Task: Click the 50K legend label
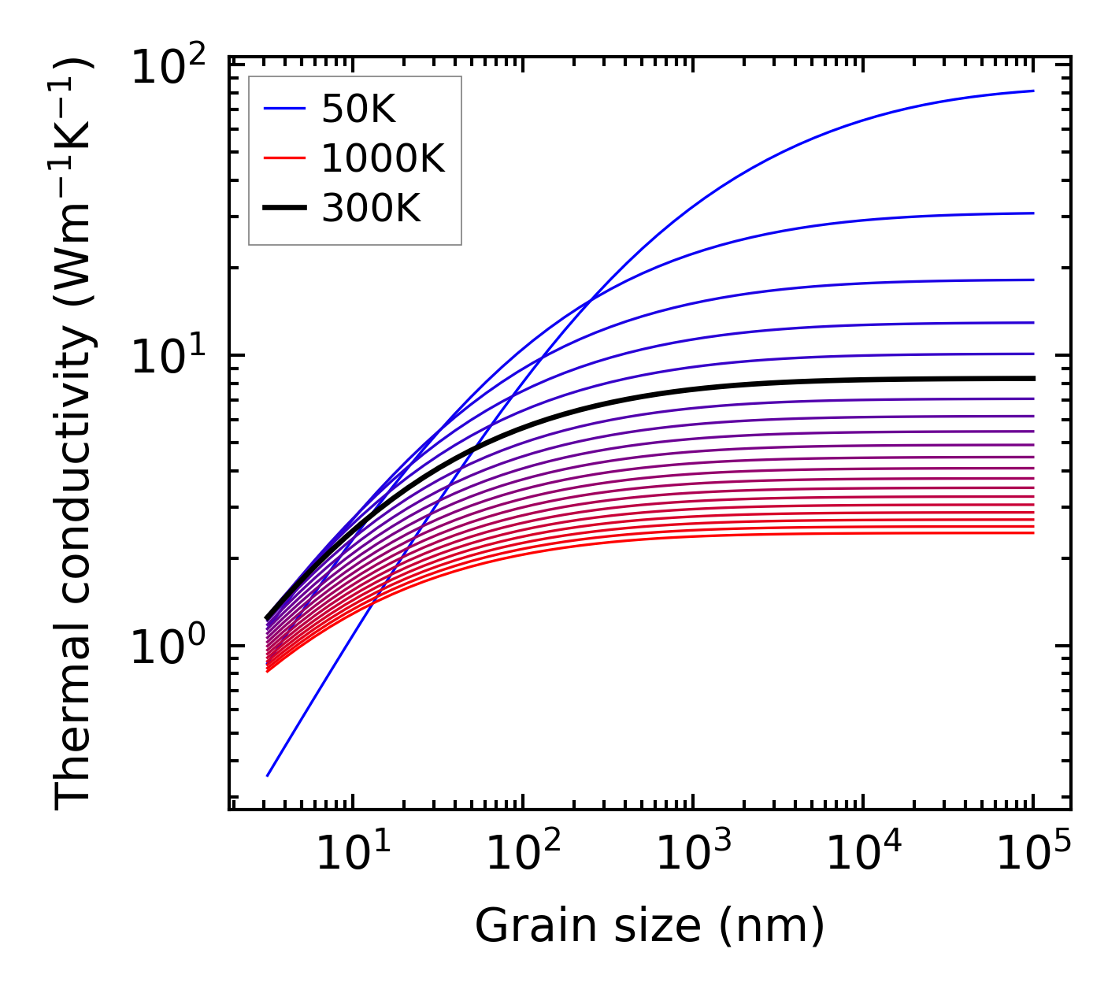[x=358, y=110]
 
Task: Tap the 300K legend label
[x=371, y=209]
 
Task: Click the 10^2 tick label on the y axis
[x=167, y=66]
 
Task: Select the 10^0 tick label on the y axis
[x=167, y=647]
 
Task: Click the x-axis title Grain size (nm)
[x=650, y=926]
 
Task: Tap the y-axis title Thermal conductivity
[x=75, y=433]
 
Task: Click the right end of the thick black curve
[x=1033, y=379]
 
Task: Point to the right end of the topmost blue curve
[x=1033, y=91]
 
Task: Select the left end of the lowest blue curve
[x=268, y=776]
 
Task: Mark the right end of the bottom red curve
[x=1033, y=533]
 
